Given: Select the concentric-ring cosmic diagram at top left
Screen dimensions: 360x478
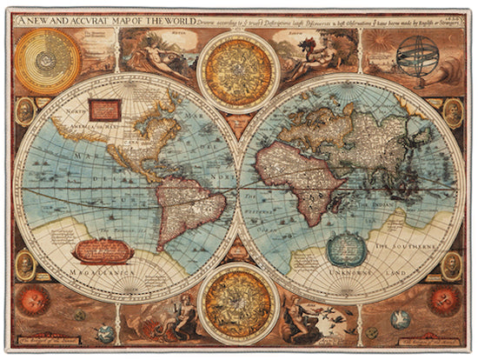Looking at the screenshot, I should (x=48, y=61).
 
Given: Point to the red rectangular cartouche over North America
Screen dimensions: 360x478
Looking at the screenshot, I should (x=104, y=108).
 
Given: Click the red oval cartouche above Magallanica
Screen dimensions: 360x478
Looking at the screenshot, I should (x=103, y=250).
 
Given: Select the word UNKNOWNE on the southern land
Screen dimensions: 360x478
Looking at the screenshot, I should (x=349, y=274).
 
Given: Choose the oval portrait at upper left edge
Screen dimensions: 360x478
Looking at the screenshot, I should (x=24, y=110).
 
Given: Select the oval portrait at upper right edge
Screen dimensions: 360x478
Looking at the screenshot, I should (x=453, y=112).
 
